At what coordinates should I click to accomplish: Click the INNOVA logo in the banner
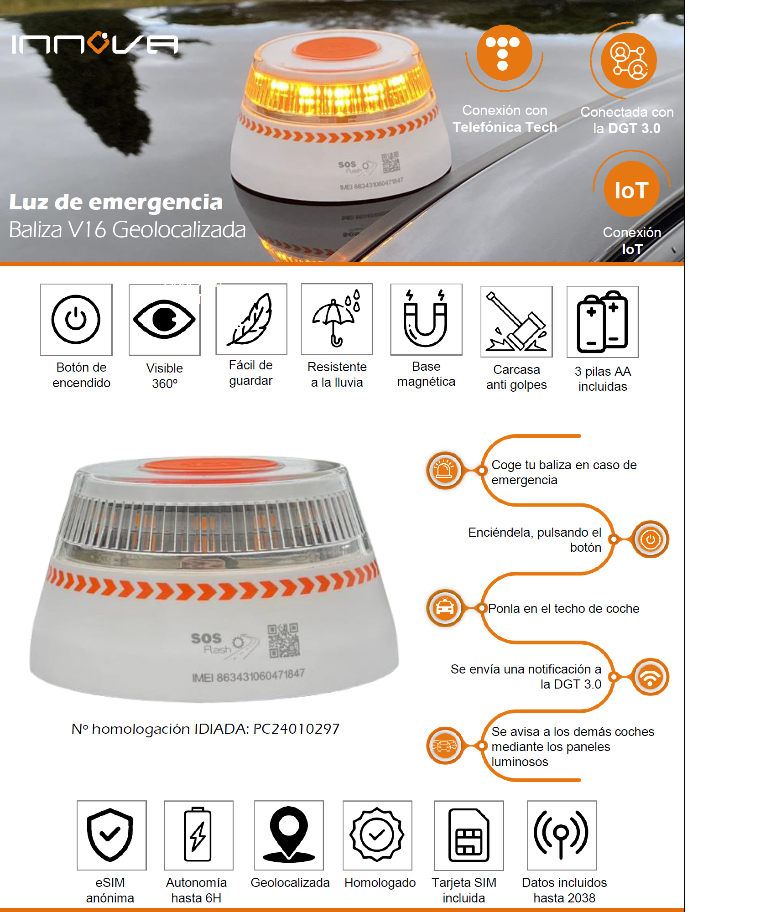tap(95, 43)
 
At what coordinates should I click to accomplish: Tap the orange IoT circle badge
tap(631, 189)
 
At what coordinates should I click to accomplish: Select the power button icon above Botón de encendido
tap(76, 319)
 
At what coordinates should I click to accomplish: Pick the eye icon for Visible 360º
tap(165, 319)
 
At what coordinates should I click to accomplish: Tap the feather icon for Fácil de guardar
tap(250, 319)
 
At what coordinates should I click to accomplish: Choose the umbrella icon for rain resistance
tap(337, 318)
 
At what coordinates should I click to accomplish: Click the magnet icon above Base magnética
tap(426, 318)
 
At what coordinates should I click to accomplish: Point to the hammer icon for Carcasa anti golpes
tap(516, 321)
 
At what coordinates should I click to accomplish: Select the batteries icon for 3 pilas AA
tap(603, 321)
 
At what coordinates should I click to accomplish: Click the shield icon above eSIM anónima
tap(110, 835)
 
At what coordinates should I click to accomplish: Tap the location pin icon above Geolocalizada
tap(289, 834)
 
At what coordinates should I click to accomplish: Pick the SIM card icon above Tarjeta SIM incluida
tap(469, 835)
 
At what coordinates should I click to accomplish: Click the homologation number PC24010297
tap(297, 729)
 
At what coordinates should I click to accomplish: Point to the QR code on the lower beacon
tap(283, 640)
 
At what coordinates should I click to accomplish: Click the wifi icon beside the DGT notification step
tap(651, 677)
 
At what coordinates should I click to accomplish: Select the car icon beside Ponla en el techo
tap(445, 608)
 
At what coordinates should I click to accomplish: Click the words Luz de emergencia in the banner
tap(116, 202)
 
